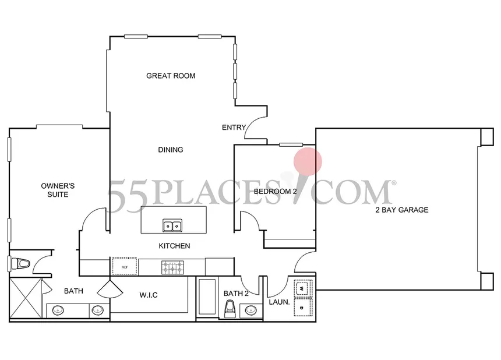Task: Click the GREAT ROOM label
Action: point(170,76)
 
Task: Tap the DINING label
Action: point(171,150)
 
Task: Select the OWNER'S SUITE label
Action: point(58,190)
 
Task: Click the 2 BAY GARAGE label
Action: point(401,210)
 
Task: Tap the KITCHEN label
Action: point(174,246)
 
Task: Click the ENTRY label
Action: point(234,128)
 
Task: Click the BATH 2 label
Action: point(236,294)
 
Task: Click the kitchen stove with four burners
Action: point(172,267)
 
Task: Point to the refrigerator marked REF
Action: point(125,266)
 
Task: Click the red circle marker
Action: point(307,161)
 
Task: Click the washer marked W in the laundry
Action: point(304,288)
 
